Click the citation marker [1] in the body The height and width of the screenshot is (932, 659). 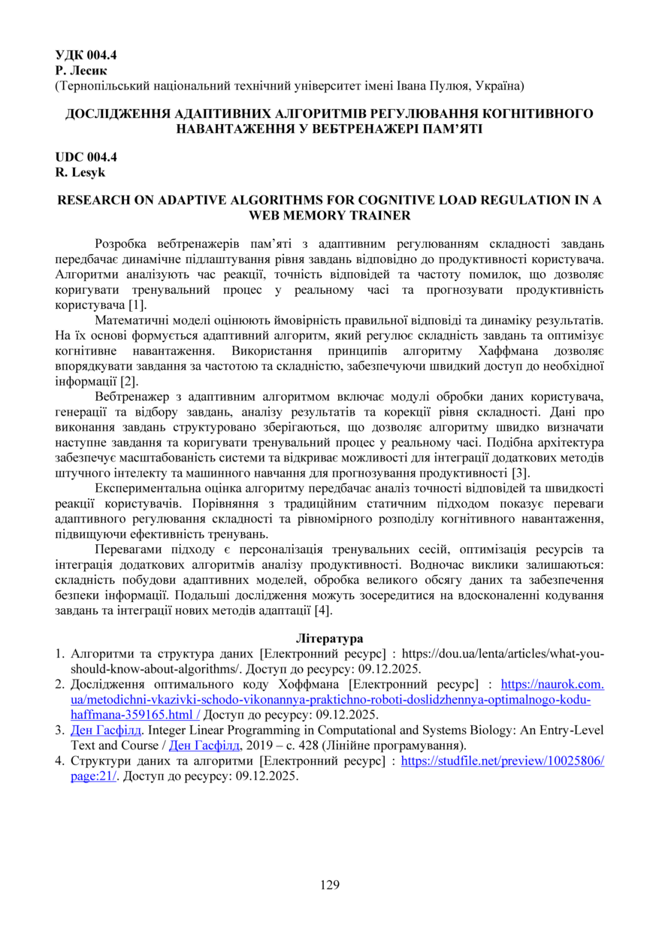(137, 304)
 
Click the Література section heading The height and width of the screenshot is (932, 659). (329, 639)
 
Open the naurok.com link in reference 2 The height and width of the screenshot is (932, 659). (552, 685)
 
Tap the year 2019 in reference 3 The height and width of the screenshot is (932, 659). (255, 746)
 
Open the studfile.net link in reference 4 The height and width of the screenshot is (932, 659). (503, 761)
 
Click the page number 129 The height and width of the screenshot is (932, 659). (330, 884)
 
